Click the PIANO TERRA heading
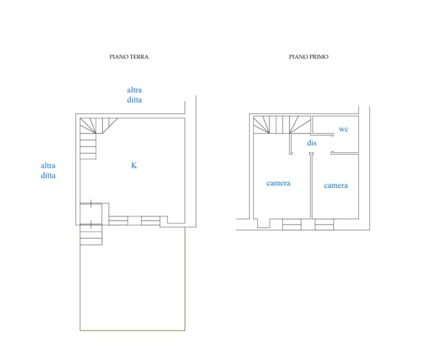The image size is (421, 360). [129, 57]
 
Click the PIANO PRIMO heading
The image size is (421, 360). [308, 57]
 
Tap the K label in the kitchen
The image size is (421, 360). [134, 165]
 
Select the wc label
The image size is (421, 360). [344, 129]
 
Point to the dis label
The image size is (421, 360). [312, 143]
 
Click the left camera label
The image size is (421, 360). [278, 183]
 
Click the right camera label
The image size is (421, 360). [336, 185]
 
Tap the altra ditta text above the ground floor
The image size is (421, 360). [134, 95]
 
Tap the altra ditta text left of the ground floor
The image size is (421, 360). [48, 170]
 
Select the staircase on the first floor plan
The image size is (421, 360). [282, 125]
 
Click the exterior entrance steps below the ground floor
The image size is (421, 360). [91, 235]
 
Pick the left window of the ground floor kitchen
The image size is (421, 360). [118, 221]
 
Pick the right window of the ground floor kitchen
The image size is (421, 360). [151, 221]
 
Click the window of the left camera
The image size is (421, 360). [292, 224]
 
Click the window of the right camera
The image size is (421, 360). [324, 224]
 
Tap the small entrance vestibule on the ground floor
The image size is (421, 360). [91, 214]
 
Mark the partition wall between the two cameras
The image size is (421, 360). [311, 186]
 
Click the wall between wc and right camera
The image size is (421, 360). [345, 153]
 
